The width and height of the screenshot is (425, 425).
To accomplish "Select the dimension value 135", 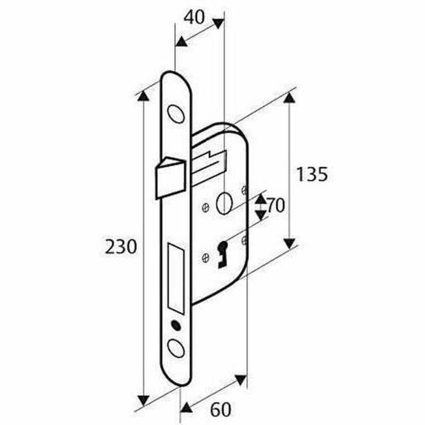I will (x=312, y=175).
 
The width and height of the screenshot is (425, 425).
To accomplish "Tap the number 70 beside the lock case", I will (x=276, y=206).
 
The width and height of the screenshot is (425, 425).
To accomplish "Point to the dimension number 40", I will (x=194, y=17).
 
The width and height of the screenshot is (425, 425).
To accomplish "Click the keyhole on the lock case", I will (x=222, y=252).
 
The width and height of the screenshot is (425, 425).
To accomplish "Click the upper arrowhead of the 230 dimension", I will (x=143, y=95).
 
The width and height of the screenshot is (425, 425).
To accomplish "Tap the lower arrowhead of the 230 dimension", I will (x=143, y=399).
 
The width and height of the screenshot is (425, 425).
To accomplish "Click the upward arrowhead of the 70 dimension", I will (x=260, y=199).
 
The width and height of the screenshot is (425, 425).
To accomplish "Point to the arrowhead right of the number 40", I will (x=218, y=24).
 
